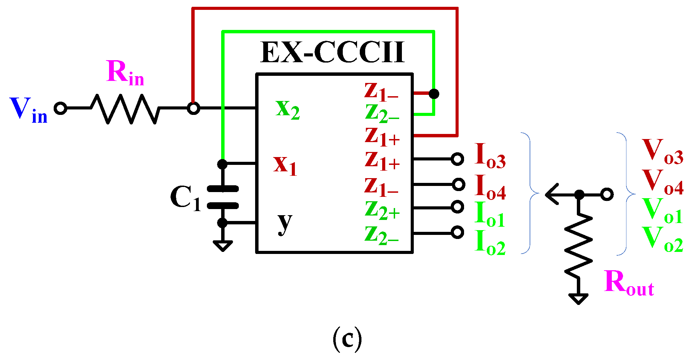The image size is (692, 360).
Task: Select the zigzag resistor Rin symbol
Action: pyautogui.click(x=125, y=108)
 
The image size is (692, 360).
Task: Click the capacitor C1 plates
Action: pyautogui.click(x=223, y=197)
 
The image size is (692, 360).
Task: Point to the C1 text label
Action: pyautogui.click(x=185, y=198)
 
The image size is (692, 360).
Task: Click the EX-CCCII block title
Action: pyautogui.click(x=332, y=53)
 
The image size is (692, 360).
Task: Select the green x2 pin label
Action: pyautogui.click(x=287, y=109)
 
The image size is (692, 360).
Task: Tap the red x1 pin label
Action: pyautogui.click(x=285, y=165)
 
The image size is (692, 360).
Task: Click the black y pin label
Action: pyautogui.click(x=285, y=223)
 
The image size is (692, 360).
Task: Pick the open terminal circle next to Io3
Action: pyautogui.click(x=458, y=159)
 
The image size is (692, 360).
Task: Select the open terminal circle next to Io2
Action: pyautogui.click(x=458, y=233)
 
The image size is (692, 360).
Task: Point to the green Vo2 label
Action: pyautogui.click(x=662, y=240)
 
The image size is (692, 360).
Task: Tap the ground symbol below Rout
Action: pyautogui.click(x=578, y=298)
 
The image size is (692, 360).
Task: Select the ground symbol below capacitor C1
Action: pyautogui.click(x=223, y=245)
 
